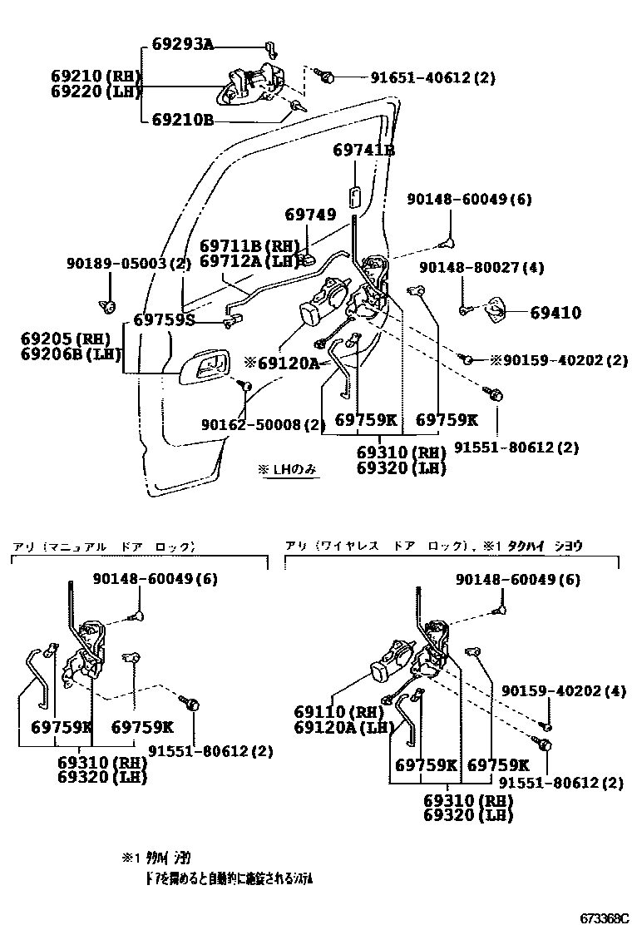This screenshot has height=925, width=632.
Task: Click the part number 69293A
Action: [x=183, y=44]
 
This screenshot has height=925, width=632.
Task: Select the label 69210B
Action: [x=183, y=120]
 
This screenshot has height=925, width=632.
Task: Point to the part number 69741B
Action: [x=363, y=151]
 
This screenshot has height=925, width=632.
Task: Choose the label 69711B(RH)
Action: [x=249, y=246]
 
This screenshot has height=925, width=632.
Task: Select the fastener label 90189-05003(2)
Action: [x=129, y=264]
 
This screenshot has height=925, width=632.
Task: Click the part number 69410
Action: [x=555, y=314]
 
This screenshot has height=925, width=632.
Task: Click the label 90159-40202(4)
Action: [x=563, y=690]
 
